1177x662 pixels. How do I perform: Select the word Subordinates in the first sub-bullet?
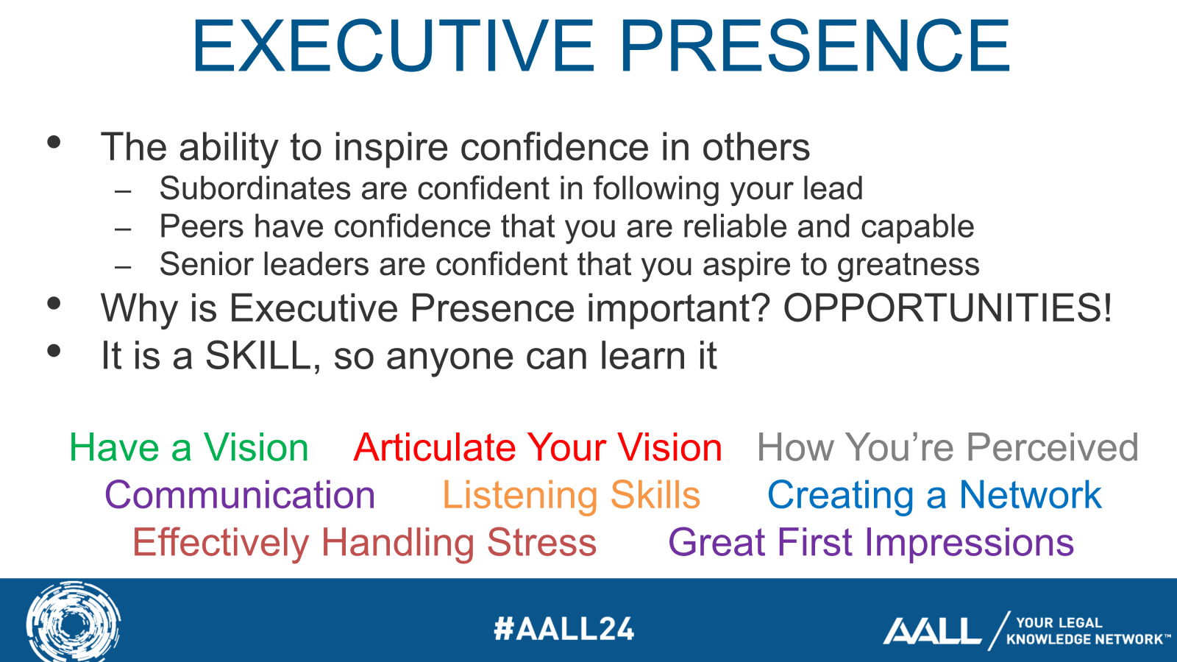pyautogui.click(x=255, y=188)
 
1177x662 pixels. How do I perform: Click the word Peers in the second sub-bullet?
pyautogui.click(x=202, y=227)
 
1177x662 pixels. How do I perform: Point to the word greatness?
pyautogui.click(x=908, y=266)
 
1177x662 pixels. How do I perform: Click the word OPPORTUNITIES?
pyautogui.click(x=947, y=308)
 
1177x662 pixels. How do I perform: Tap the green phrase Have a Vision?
pyautogui.click(x=188, y=448)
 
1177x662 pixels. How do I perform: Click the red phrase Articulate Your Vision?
pyautogui.click(x=538, y=448)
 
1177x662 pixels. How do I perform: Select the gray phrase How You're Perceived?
pyautogui.click(x=947, y=448)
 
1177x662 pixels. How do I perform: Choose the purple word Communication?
pyautogui.click(x=240, y=495)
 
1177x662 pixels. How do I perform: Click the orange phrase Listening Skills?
pyautogui.click(x=571, y=496)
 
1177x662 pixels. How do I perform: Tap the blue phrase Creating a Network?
pyautogui.click(x=934, y=496)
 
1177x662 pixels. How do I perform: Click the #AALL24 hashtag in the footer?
pyautogui.click(x=564, y=629)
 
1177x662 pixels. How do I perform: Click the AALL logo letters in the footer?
pyautogui.click(x=931, y=630)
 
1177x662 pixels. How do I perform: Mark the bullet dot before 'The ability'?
pyautogui.click(x=54, y=142)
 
